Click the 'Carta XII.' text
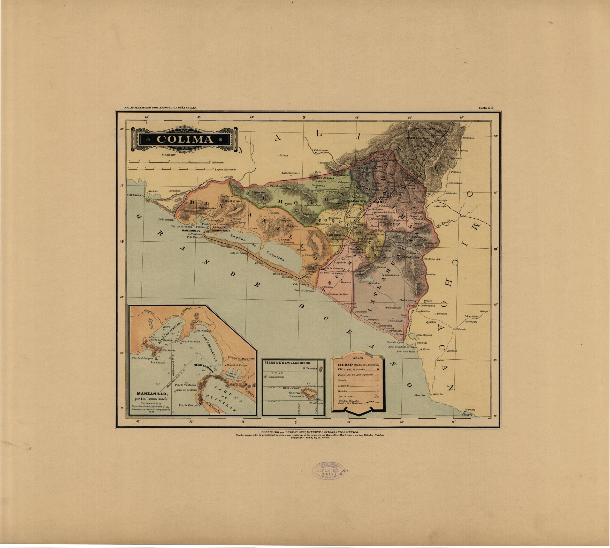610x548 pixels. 486,107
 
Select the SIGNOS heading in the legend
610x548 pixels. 358,358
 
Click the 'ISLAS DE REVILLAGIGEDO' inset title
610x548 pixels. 288,362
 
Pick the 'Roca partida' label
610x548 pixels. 276,377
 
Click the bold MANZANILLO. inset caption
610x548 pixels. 150,394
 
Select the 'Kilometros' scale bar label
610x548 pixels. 218,162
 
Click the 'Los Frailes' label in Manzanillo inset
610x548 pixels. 158,362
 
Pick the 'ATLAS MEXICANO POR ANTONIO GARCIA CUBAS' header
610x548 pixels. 160,107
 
